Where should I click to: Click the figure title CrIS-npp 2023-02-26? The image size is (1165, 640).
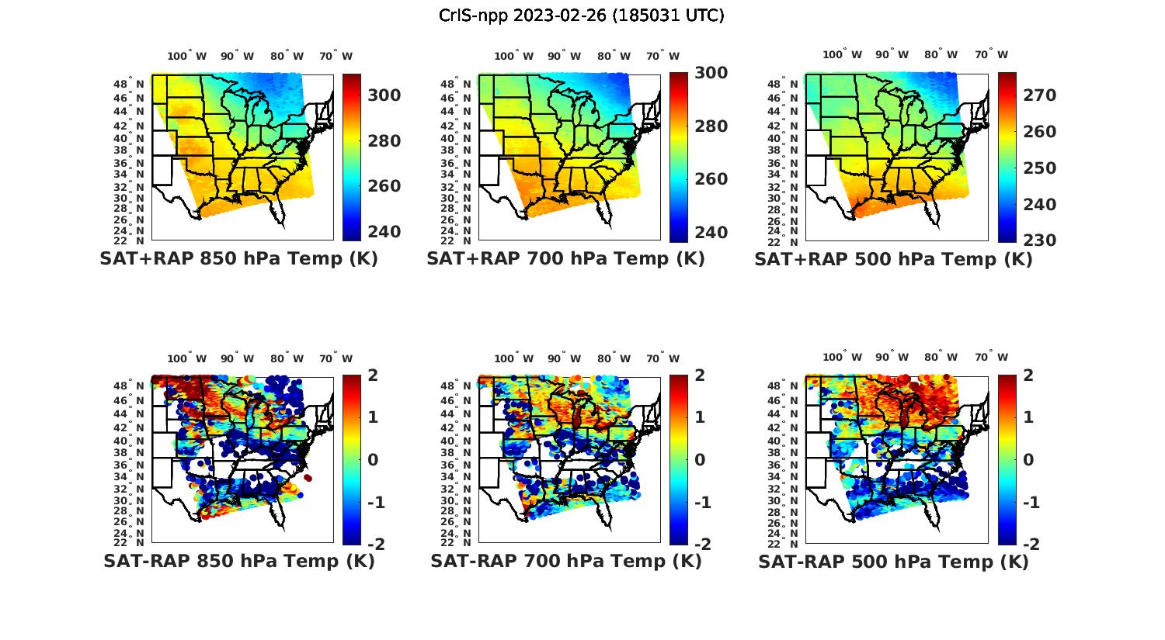coord(581,16)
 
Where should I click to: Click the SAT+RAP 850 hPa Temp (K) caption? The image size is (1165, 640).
coord(238,258)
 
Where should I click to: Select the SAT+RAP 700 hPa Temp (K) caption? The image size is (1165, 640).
coord(565,258)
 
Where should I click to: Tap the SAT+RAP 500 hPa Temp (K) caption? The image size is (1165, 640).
coord(893,259)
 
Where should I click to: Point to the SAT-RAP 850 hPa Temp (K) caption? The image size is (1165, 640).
coord(238,561)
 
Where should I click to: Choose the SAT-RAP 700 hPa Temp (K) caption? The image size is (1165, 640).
coord(565,561)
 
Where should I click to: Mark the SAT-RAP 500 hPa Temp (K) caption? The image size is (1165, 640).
coord(893,562)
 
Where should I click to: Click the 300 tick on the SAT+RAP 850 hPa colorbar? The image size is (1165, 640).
coord(384,95)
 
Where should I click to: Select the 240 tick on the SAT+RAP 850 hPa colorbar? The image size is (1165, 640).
coord(384,231)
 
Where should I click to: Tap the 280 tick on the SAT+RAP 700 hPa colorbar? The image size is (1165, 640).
coord(710,126)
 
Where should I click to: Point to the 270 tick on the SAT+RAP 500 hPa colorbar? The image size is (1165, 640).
coord(1039,95)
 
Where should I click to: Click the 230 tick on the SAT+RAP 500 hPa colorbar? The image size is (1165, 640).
coord(1039,240)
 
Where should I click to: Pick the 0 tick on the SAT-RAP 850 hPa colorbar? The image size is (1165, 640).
coord(373,459)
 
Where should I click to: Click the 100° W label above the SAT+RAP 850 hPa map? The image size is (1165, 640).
coord(186,56)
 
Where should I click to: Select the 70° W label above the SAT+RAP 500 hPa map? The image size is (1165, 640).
coord(991,54)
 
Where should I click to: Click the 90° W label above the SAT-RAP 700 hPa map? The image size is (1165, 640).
coord(564,358)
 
